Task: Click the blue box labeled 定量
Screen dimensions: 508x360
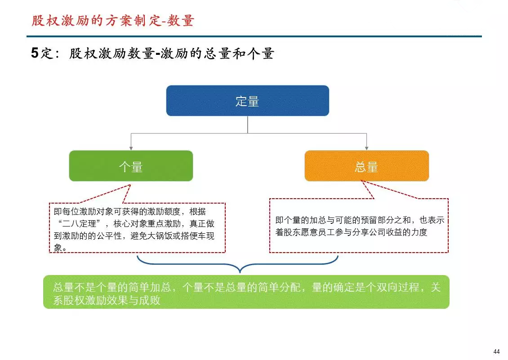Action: (248, 101)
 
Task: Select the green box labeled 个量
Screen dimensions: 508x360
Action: (131, 166)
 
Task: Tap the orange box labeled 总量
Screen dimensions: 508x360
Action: (367, 166)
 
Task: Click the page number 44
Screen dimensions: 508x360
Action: (496, 351)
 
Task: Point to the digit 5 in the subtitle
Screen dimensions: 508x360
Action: (35, 53)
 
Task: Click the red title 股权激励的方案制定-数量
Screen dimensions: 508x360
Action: (113, 20)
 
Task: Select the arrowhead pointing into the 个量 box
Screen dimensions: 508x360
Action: (131, 148)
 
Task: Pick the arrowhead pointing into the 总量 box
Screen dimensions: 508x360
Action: (367, 148)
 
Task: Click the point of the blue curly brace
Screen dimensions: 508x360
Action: (240, 272)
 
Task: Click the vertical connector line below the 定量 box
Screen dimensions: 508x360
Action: (248, 124)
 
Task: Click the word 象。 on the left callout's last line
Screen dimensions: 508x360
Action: (61, 248)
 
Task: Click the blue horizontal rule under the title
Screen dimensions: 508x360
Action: (254, 36)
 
